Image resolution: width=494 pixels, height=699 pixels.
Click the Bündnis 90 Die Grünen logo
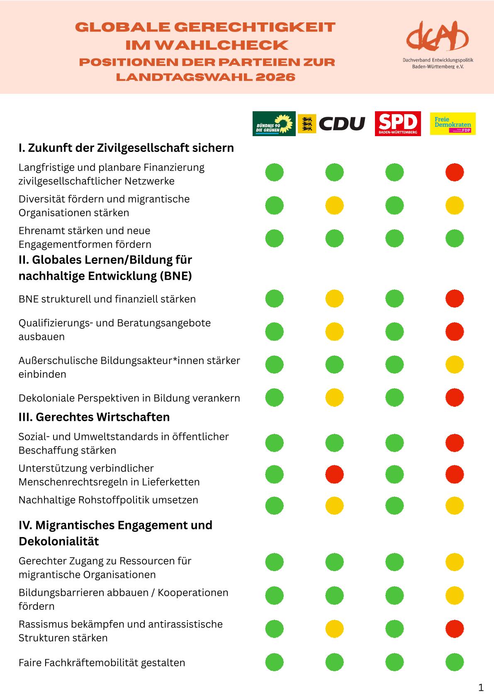274,124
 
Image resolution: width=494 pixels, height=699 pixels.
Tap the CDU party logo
332,124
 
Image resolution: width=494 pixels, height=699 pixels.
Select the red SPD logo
397,123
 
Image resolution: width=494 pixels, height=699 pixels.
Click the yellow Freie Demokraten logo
453,124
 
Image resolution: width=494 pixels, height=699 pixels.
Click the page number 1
481,688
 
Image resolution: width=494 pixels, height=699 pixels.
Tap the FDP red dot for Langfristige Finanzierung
455,172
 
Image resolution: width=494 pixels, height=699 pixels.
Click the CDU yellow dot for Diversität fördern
334,205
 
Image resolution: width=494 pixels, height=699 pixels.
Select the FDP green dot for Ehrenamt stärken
455,239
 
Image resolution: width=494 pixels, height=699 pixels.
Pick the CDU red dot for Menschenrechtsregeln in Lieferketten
334,474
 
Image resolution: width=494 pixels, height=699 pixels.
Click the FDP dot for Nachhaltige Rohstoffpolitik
455,506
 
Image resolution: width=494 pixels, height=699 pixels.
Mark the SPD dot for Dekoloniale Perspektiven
394,398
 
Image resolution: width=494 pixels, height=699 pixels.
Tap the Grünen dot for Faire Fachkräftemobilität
275,662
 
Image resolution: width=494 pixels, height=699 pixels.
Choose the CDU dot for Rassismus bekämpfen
334,629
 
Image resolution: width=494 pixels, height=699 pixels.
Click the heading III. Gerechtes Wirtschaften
94,417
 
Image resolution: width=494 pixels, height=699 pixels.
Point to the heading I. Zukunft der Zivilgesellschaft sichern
126,148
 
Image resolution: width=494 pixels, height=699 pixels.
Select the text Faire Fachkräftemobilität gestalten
102,662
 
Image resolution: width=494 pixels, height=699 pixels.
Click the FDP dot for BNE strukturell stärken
455,299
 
